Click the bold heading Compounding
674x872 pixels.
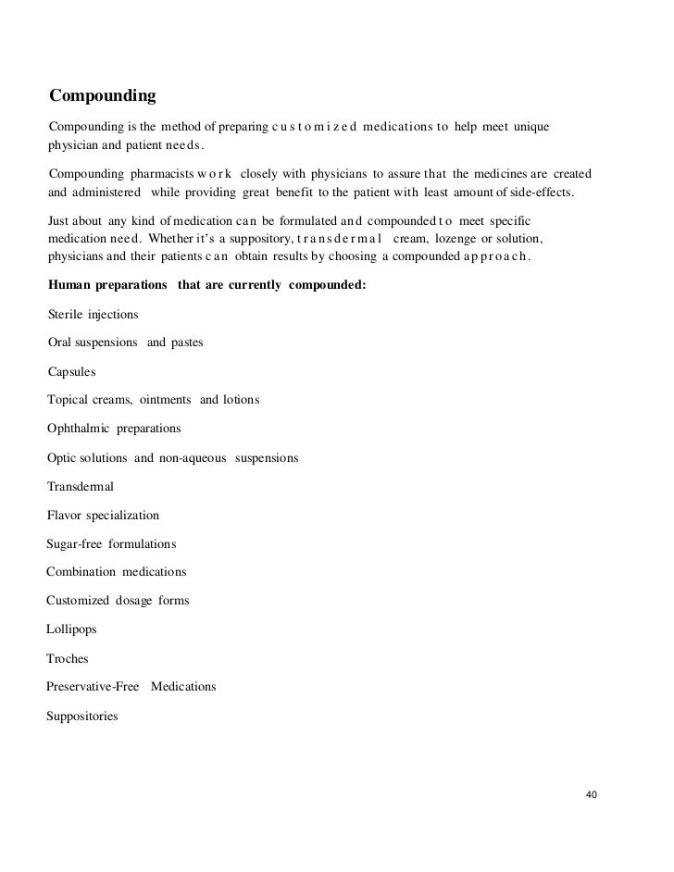pyautogui.click(x=102, y=95)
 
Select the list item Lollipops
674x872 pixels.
pyautogui.click(x=71, y=629)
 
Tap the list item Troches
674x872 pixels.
pyautogui.click(x=68, y=658)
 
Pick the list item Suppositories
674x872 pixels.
pyautogui.click(x=82, y=716)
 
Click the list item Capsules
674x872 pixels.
pyautogui.click(x=71, y=371)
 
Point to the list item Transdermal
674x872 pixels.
pyautogui.click(x=81, y=486)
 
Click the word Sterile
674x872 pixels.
pyautogui.click(x=65, y=315)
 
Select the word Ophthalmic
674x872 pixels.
pyautogui.click(x=79, y=429)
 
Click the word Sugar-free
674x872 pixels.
pyautogui.click(x=74, y=543)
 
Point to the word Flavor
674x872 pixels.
pyautogui.click(x=64, y=515)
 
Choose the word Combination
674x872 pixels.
pyautogui.click(x=81, y=571)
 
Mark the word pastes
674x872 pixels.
pyautogui.click(x=187, y=343)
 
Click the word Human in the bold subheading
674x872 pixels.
pyautogui.click(x=69, y=285)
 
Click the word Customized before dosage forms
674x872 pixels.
pyautogui.click(x=78, y=600)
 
